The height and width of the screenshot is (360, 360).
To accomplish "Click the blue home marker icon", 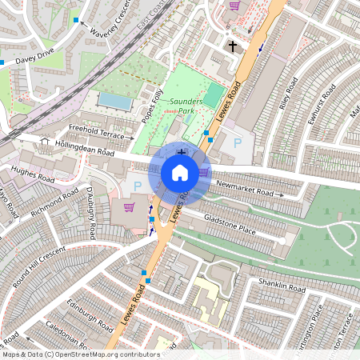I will tap(180, 173).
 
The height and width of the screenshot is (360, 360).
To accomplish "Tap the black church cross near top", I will tap(233, 46).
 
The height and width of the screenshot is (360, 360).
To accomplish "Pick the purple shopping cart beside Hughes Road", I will tap(129, 208).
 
